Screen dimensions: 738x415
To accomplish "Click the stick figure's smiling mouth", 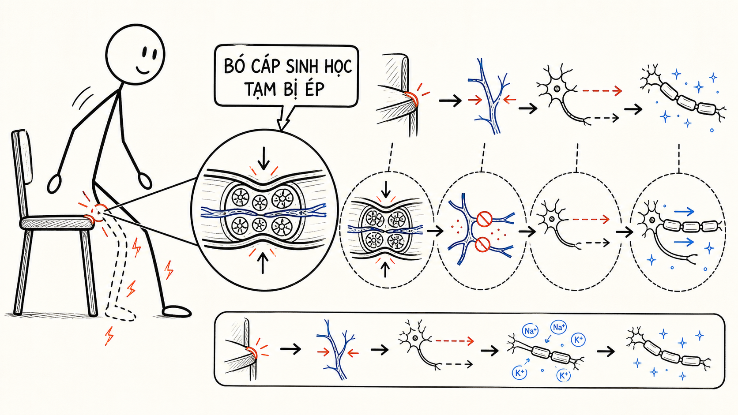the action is tap(143, 70).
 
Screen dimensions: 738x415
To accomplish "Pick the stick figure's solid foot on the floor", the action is tap(177, 311).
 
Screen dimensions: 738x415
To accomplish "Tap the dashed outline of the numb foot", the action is tap(120, 313).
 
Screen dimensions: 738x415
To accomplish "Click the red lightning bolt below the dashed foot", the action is tap(109, 336).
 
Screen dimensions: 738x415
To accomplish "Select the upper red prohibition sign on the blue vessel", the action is tap(484, 219).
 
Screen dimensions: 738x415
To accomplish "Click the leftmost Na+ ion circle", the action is tap(530, 331).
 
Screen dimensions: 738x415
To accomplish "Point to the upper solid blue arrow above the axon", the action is tap(684, 212).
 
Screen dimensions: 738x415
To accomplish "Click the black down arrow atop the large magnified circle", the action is tap(263, 158).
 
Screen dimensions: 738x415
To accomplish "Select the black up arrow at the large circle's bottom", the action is tap(263, 264).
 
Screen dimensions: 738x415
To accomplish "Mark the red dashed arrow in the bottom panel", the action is tap(455, 341).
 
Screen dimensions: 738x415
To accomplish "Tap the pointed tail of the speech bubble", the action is tap(282, 119).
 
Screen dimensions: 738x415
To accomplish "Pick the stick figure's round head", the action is tap(135, 54).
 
